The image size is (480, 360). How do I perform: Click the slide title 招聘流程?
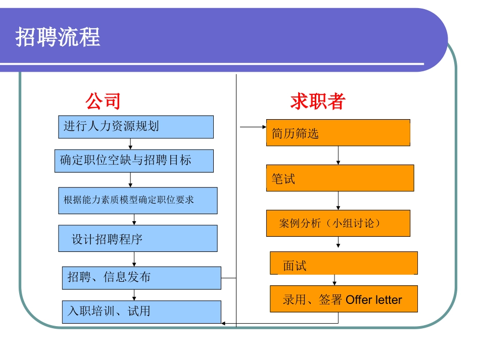pos(58,37)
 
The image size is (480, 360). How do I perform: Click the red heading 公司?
pos(103,101)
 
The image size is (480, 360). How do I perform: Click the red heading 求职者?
pos(317,101)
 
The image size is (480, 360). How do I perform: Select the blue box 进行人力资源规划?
pos(135,127)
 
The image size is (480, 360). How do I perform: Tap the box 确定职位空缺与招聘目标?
pos(134,161)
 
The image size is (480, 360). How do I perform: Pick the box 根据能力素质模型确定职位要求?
pos(137,200)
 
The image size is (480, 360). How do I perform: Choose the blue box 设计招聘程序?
pos(137,238)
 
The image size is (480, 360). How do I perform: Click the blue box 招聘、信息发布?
pos(141,278)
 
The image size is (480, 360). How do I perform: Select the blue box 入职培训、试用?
pos(141,312)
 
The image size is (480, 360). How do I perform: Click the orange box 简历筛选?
pos(338,133)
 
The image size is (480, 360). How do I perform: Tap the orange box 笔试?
pos(340,178)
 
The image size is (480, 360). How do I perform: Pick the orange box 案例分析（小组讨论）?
pos(338,223)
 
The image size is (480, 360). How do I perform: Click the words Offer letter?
pos(374,300)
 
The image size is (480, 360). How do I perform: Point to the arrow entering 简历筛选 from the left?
pos(253,127)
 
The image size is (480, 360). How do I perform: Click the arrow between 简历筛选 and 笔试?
pos(338,156)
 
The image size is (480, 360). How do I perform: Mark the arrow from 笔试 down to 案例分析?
pos(338,200)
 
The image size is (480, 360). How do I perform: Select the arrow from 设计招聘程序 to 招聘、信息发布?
pos(134,259)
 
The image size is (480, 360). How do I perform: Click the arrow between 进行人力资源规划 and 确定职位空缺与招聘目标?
pos(130,144)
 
